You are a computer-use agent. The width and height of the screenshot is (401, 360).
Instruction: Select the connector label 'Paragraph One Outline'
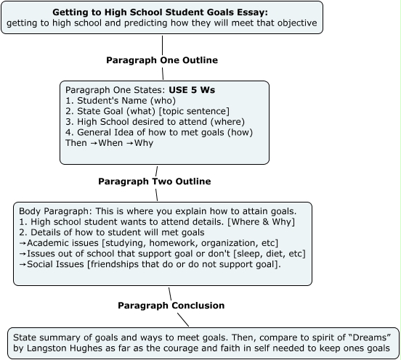[x=162, y=60]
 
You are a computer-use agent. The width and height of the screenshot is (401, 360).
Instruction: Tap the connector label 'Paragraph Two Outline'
[x=154, y=181]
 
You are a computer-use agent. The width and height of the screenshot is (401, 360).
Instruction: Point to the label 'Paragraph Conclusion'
[x=171, y=306]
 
